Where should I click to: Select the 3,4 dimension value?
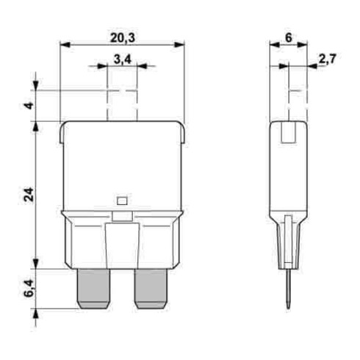pos(121,60)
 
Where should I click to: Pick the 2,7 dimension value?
pos(328,60)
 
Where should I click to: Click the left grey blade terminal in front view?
pos(93,288)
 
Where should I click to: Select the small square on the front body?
pos(122,199)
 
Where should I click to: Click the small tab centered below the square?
pos(122,216)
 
